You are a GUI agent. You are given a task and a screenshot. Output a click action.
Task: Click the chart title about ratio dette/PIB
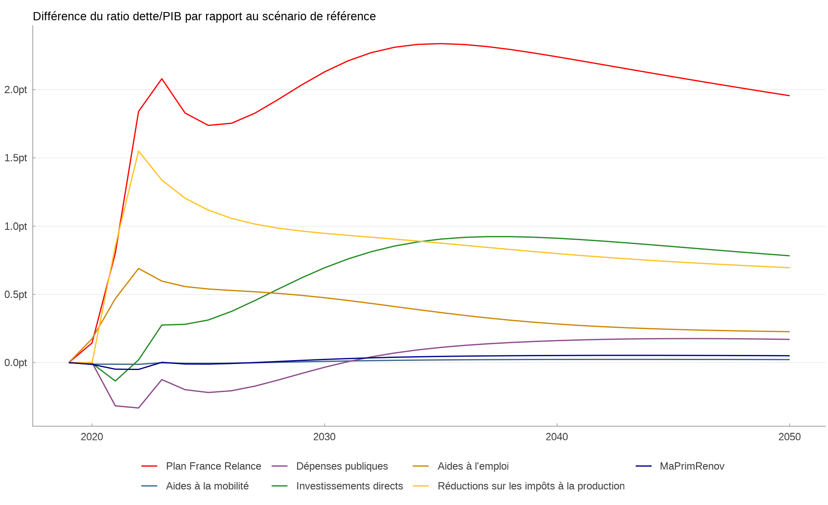[x=204, y=16]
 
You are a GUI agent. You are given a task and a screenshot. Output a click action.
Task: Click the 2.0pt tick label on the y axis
[x=16, y=90]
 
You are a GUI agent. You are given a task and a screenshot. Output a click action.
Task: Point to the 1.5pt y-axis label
[x=16, y=158]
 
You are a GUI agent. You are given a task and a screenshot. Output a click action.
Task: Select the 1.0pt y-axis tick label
[x=16, y=226]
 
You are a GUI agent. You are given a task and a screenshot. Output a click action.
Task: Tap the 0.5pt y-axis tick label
[x=16, y=295]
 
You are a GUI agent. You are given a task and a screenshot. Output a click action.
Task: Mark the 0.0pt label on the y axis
[x=16, y=363]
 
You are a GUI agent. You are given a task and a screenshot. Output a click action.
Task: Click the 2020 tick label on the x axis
[x=92, y=437]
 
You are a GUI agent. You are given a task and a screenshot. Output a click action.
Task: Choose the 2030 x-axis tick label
[x=324, y=437]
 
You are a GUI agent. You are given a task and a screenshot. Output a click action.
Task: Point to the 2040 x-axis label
[x=557, y=437]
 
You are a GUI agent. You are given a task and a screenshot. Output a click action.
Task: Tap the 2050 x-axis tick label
[x=789, y=437]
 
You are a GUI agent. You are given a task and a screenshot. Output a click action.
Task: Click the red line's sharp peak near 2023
[x=162, y=79]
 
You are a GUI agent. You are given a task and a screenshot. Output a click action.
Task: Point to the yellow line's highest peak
[x=138, y=151]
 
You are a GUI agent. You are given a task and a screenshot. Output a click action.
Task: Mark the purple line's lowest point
[x=138, y=408]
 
